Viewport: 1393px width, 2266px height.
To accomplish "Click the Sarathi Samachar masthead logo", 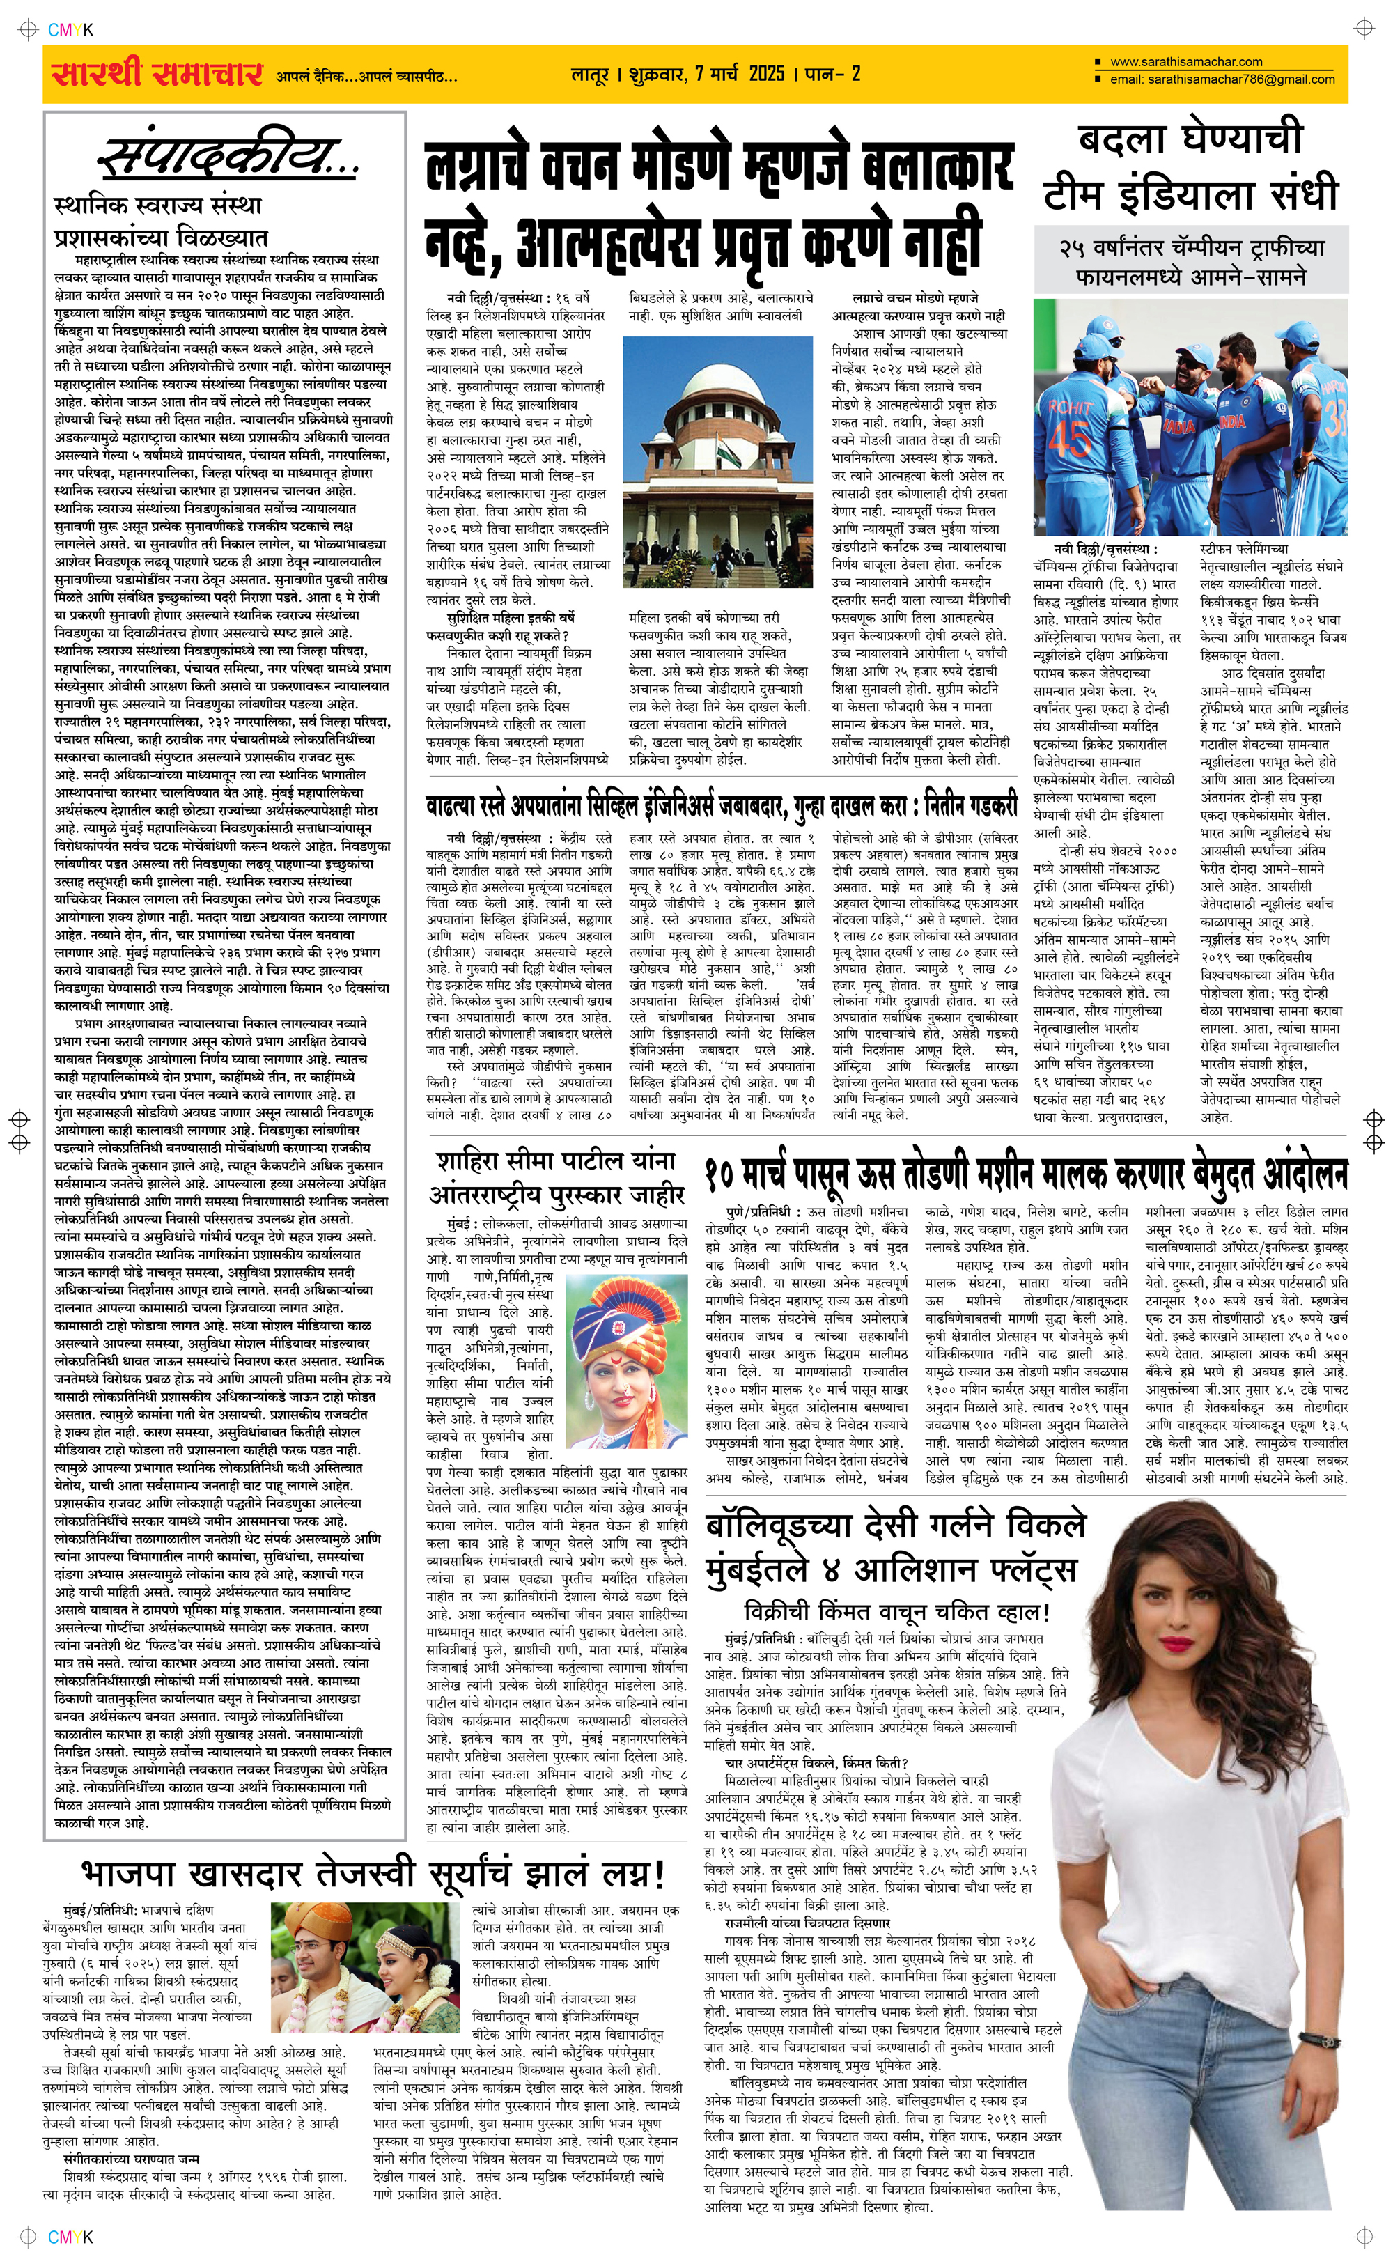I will click(157, 74).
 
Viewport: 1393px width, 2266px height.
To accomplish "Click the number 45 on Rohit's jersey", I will click(1071, 438).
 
